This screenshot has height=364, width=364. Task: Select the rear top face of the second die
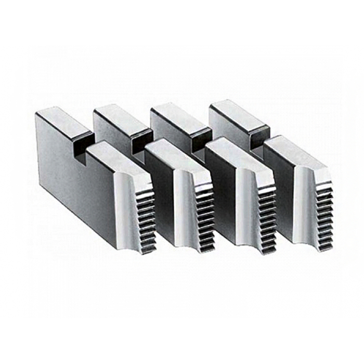122,117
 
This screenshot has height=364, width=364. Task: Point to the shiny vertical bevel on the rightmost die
304,203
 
